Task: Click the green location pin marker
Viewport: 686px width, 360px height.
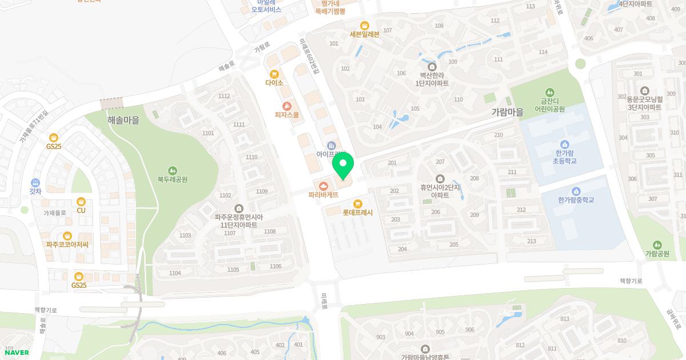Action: (x=343, y=167)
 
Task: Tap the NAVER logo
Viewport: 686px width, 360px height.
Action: (x=17, y=352)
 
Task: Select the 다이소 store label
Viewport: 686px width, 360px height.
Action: (x=274, y=83)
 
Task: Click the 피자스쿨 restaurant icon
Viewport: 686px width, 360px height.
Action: (x=287, y=106)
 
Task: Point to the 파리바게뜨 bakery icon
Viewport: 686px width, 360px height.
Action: (x=324, y=186)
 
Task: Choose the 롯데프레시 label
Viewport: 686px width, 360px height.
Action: (x=357, y=213)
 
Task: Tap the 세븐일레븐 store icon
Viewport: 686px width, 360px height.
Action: (x=365, y=25)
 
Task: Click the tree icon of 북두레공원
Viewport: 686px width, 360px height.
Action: (x=173, y=170)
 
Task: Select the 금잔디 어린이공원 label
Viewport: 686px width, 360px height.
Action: (x=549, y=105)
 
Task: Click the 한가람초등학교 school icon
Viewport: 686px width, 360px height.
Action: (x=565, y=144)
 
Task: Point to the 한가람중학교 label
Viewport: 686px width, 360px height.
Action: (x=576, y=200)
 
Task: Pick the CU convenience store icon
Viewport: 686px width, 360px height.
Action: (x=81, y=201)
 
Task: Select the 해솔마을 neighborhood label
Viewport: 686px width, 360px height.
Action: (x=123, y=120)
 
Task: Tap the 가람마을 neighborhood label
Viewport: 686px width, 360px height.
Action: (x=507, y=113)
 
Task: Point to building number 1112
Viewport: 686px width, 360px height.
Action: (x=224, y=96)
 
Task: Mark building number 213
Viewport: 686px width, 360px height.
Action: (x=532, y=241)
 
